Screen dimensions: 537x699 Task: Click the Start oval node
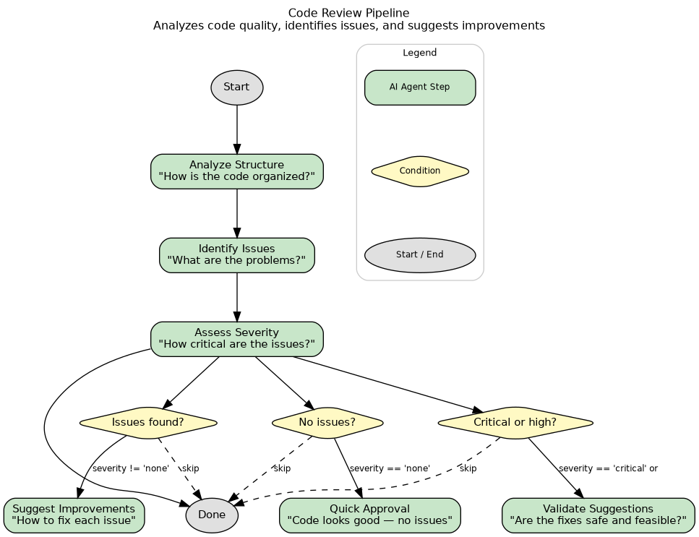236,87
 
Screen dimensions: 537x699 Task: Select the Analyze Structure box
236,171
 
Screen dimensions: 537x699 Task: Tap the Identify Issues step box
236,255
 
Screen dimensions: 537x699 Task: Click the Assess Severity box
236,339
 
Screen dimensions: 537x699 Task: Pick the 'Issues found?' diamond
148,423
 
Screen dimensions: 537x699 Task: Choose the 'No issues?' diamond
327,423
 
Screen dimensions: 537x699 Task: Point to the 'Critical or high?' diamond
515,423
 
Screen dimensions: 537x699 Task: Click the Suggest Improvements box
74,515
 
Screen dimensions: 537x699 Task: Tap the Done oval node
212,515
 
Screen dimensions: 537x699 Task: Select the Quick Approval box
369,515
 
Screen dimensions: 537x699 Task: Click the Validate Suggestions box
598,515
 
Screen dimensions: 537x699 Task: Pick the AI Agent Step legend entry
419,87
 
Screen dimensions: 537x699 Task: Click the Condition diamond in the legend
419,171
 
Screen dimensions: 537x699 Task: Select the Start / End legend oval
419,255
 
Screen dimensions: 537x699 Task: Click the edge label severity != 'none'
131,468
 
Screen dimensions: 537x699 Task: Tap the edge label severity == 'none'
390,468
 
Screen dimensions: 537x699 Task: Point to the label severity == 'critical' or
608,468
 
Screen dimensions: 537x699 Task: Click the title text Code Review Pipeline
348,13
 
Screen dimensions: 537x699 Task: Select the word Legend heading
419,53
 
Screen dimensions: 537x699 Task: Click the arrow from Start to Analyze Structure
236,130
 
